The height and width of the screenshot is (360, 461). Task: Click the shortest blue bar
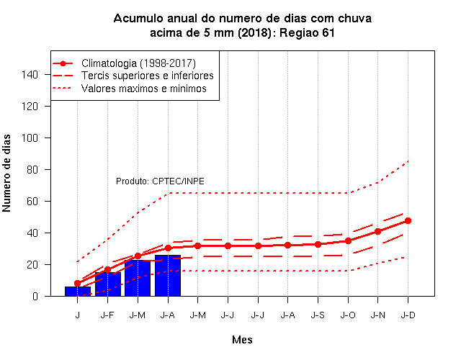coord(78,291)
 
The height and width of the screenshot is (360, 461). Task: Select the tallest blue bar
coord(168,276)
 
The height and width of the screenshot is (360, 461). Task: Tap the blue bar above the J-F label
coord(108,284)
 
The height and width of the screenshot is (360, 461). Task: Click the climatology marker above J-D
coord(408,221)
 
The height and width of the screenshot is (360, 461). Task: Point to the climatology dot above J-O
coord(348,240)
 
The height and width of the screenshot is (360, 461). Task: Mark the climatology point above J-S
coord(318,244)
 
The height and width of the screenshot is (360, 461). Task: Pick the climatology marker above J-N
coord(377,232)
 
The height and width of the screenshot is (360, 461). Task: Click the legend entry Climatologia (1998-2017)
coord(138,63)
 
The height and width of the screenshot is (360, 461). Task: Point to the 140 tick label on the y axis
coord(30,75)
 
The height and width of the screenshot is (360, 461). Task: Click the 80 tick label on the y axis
coord(32,170)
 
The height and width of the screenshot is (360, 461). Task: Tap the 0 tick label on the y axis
coord(35,296)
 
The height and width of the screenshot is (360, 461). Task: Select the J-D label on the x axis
coord(408,315)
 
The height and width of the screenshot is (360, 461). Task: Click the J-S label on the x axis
coord(318,315)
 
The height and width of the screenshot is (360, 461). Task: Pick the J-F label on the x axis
coord(107,315)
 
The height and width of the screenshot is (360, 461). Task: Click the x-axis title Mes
coord(242,340)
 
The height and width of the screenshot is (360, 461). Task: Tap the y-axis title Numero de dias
coord(6,173)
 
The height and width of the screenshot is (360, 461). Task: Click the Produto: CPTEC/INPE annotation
coord(160,181)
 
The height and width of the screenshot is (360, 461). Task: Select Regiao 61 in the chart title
coord(307,32)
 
